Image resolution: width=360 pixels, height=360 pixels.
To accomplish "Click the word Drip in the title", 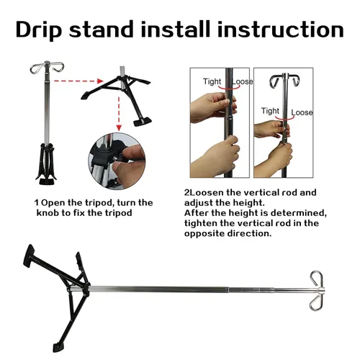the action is [x=39, y=30].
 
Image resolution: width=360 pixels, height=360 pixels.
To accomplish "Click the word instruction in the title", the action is [x=281, y=29].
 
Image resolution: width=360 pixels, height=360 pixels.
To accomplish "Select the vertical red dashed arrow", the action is [x=119, y=114].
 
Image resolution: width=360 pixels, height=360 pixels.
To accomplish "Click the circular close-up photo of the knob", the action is [x=117, y=161].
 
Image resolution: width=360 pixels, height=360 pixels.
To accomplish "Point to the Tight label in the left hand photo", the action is [x=212, y=82].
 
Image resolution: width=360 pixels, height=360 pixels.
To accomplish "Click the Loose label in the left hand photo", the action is [x=243, y=81].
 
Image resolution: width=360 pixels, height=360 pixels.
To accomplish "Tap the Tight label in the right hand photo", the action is [x=270, y=111].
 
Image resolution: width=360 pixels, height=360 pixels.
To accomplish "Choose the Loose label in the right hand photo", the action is [x=302, y=112].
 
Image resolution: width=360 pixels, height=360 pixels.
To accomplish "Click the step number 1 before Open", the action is [x=36, y=203].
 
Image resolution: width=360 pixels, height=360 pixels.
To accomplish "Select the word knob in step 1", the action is [x=48, y=213].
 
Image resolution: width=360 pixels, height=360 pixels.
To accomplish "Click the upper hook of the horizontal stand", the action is [x=317, y=279].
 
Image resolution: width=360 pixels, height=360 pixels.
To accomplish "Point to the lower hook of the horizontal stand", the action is [x=315, y=302].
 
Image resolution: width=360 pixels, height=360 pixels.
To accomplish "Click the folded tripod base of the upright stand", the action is [x=46, y=164].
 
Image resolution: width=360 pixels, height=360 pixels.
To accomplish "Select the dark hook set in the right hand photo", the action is [x=284, y=81].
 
